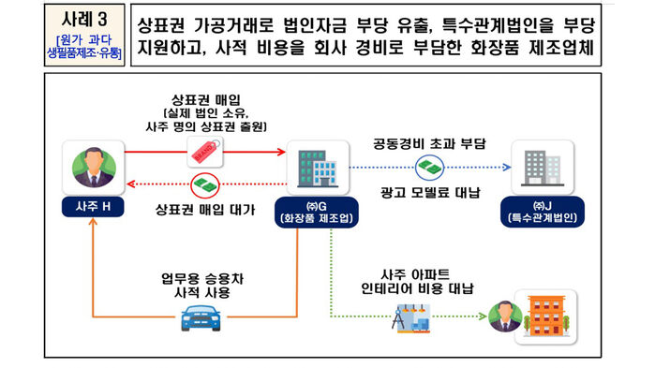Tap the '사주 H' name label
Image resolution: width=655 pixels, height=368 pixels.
pyautogui.click(x=91, y=205)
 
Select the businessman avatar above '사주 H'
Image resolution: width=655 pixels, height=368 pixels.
pyautogui.click(x=91, y=167)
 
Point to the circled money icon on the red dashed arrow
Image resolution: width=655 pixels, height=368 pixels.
pyautogui.click(x=204, y=184)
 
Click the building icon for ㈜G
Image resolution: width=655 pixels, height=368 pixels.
pyautogui.click(x=312, y=167)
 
